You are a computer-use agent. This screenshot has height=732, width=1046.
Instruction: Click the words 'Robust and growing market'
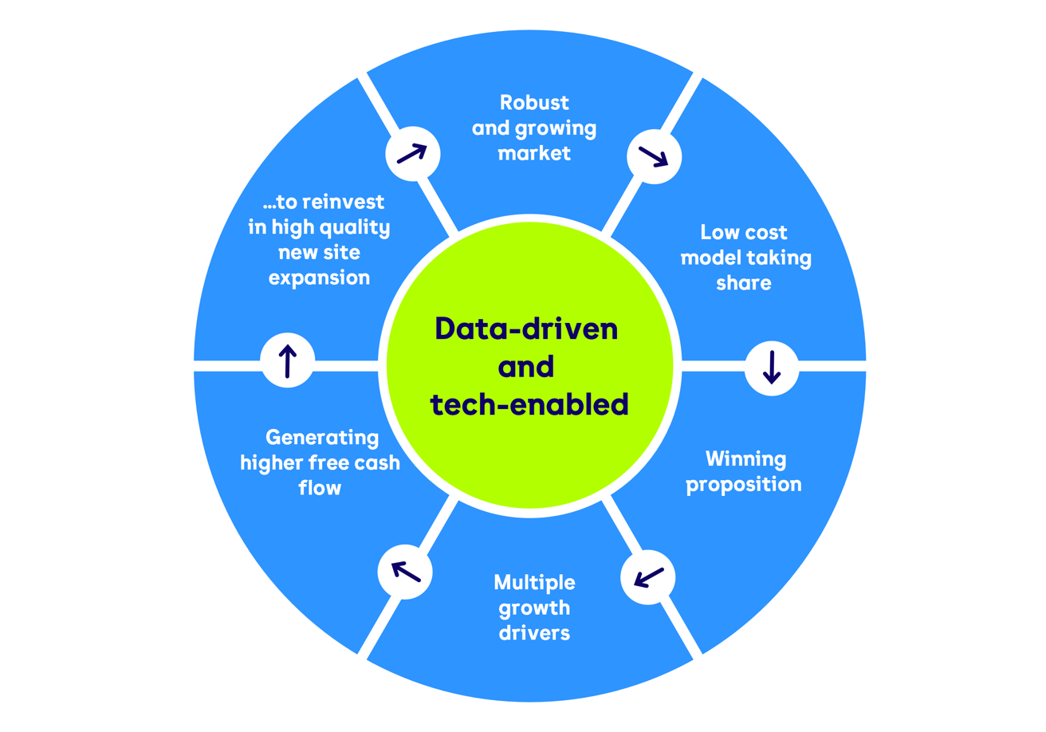pos(533,128)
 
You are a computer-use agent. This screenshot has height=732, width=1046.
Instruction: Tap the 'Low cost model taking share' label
pos(745,257)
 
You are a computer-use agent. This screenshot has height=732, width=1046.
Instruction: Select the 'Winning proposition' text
pos(744,471)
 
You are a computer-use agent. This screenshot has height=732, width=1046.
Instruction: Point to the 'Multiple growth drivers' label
pos(534,608)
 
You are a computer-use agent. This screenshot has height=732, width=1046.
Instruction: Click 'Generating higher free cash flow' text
pos(320,462)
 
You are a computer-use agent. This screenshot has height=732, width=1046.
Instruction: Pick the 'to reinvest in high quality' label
pos(319,214)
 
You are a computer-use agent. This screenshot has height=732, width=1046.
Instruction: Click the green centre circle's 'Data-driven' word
pos(526,329)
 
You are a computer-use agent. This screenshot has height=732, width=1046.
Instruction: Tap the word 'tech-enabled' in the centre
pos(529,404)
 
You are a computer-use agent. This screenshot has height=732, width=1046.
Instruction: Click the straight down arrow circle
pos(772,367)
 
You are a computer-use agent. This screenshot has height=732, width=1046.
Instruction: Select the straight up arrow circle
pos(288,360)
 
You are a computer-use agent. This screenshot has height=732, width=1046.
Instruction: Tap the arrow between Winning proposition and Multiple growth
pos(647,577)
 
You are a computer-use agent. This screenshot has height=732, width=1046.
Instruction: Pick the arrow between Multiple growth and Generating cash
pos(404,570)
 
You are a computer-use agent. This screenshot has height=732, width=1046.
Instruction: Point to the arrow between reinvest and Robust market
pos(412,152)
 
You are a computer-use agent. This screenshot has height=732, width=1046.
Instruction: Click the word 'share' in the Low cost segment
pos(744,282)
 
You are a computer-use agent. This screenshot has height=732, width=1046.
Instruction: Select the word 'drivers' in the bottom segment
pos(534,633)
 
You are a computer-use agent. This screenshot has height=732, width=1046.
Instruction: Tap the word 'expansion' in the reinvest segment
pos(319,277)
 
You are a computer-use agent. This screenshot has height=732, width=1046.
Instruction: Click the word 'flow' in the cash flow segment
pos(320,487)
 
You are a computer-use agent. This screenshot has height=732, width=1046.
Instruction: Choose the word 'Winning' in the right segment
pos(745,458)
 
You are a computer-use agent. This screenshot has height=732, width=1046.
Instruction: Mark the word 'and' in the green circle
pos(526,367)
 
